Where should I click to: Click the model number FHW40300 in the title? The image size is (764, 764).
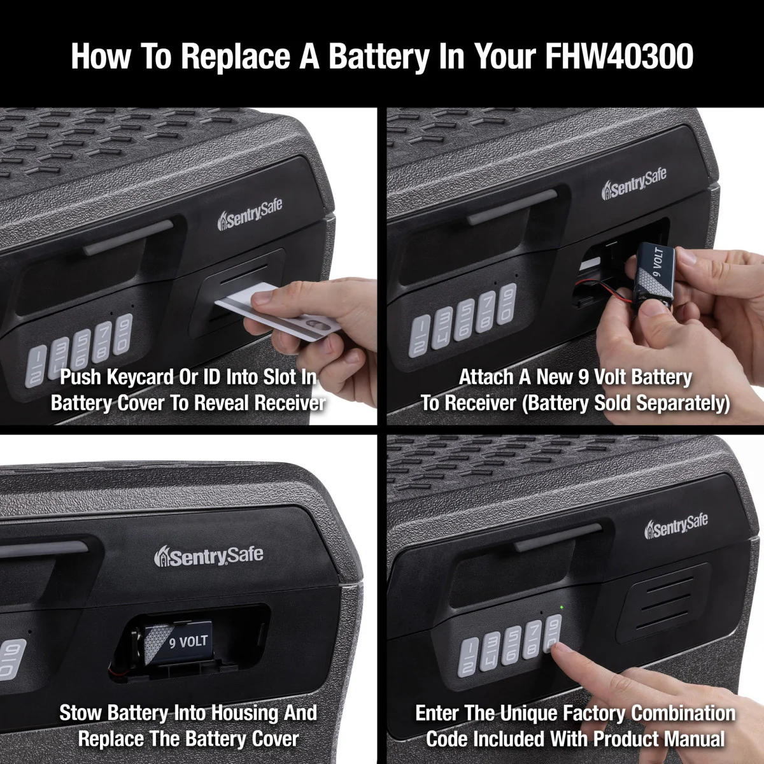[x=619, y=56]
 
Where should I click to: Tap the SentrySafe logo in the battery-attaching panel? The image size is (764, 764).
[x=634, y=185]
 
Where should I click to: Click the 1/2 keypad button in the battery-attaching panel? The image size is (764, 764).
[x=420, y=337]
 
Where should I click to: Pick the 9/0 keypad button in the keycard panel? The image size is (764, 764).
[x=122, y=334]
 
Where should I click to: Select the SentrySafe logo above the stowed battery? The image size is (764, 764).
[x=209, y=555]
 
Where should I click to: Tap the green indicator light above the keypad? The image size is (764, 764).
[x=561, y=607]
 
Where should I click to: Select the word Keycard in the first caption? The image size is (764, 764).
[x=141, y=378]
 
